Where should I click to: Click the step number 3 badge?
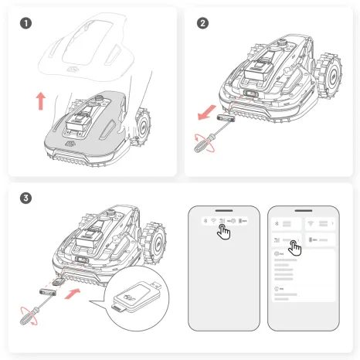tap(27, 198)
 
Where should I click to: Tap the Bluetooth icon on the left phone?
tap(204, 221)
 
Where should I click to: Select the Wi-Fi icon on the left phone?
tap(213, 221)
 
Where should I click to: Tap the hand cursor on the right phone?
tap(294, 247)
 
